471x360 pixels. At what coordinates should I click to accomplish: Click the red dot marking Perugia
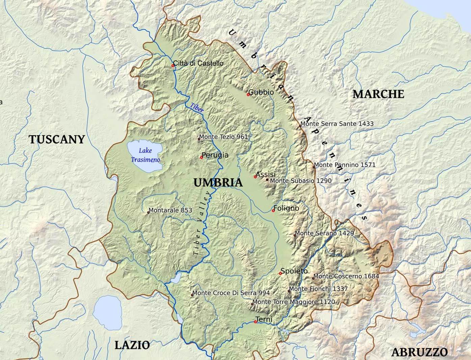[x=202, y=158]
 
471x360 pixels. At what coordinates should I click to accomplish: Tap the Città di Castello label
[x=198, y=63]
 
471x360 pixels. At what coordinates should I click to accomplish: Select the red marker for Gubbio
[x=248, y=95]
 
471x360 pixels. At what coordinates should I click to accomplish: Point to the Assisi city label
[x=266, y=174]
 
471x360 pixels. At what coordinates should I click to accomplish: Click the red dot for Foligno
[x=273, y=211]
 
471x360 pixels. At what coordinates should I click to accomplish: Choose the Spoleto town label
[x=294, y=271]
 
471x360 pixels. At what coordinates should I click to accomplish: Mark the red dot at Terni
[x=255, y=322]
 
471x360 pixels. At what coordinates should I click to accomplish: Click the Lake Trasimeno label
[x=145, y=155]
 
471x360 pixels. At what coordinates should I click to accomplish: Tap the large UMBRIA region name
[x=218, y=183]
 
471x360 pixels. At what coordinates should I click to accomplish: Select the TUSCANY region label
[x=57, y=139]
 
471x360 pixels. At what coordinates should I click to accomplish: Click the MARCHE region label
[x=378, y=94]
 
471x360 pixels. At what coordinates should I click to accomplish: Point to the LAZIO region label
[x=132, y=345]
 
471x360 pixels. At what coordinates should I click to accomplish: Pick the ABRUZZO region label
[x=419, y=352]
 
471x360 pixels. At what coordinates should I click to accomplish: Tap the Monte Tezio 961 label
[x=223, y=137]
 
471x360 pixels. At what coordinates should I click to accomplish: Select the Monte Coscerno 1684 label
[x=346, y=276]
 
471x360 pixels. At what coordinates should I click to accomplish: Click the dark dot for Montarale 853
[x=149, y=212]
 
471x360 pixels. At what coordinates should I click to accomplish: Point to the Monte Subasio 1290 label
[x=300, y=181]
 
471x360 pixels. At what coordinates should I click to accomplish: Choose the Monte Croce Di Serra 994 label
[x=231, y=293]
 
